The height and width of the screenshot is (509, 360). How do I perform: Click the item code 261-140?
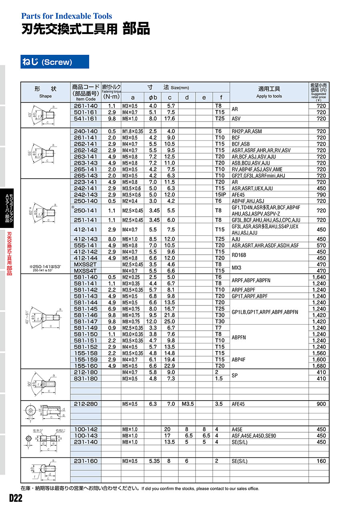point(86,106)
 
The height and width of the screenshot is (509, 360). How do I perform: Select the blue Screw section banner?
point(55,62)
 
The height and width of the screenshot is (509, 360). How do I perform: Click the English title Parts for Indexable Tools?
point(66,16)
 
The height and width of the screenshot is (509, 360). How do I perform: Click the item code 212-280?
point(86,404)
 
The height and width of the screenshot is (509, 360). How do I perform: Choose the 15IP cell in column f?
point(221,194)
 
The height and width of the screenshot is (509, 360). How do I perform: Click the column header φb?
point(152,98)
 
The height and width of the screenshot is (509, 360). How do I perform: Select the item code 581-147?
point(86,321)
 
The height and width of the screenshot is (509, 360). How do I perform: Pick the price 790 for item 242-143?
point(321,194)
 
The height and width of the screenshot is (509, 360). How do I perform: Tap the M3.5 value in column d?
point(187,404)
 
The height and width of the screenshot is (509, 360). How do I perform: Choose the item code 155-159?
point(86,359)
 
